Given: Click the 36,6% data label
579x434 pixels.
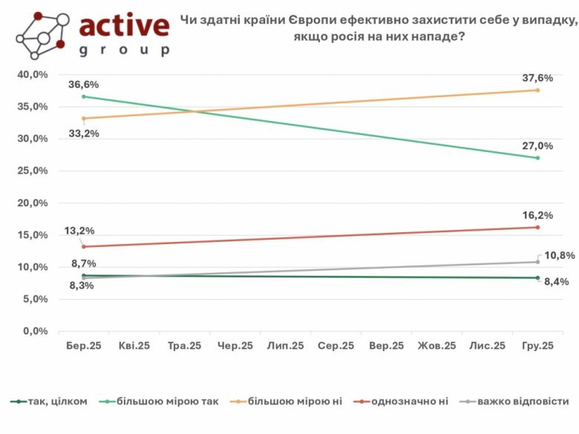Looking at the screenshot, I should [x=83, y=84].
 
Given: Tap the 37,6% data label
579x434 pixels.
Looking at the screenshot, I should [x=538, y=78].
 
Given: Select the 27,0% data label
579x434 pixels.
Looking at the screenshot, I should [x=538, y=145].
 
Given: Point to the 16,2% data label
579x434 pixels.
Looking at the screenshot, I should [x=538, y=214].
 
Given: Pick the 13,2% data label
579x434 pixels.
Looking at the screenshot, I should [x=83, y=232].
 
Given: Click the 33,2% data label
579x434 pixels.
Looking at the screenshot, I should [x=83, y=134].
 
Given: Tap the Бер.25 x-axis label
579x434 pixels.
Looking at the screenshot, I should [x=83, y=346].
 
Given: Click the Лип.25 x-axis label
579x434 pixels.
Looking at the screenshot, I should [x=285, y=346].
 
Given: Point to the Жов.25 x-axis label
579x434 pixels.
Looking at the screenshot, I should [x=436, y=346].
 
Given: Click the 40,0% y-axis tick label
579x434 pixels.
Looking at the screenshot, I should [x=33, y=75].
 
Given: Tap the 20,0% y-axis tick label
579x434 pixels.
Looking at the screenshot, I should [x=33, y=203].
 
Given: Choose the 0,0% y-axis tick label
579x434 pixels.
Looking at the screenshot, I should [x=36, y=332].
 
